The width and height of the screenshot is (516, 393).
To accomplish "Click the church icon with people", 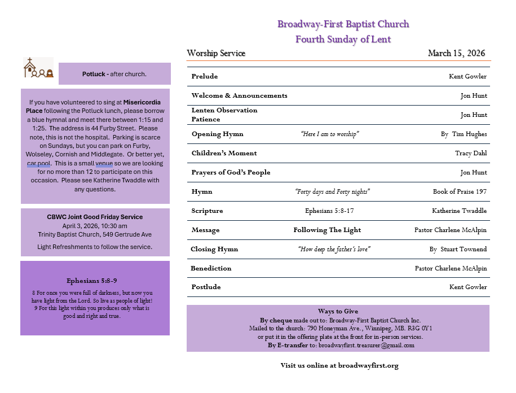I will pos(38,68).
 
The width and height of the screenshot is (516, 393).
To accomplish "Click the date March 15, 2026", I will pos(456,54).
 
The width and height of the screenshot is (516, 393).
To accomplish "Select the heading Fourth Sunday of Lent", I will pos(343,39).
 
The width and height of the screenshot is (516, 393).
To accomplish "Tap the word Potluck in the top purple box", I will pos(94,74).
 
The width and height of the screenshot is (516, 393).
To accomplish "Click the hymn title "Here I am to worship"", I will pos(330,134).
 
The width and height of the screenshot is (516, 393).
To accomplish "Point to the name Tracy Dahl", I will pos(470,153).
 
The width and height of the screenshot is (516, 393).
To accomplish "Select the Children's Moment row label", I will pos(224,153).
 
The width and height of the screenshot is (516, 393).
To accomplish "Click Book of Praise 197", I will pos(459,191).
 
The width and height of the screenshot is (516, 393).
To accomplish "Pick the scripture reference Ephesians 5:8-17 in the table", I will pos(329,211).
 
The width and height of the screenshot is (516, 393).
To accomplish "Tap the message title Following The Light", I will pos(327,230).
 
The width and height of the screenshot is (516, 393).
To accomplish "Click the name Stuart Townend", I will pos(465,249).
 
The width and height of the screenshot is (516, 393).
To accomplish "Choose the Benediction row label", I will pos(211,268).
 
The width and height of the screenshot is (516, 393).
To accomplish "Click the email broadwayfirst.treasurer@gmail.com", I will pos(366,345).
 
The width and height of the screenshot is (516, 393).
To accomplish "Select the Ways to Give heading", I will pos(338,311).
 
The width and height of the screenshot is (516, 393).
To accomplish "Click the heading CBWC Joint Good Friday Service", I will pos(95,217).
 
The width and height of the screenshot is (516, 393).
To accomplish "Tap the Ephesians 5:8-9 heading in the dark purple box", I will pos(92,281).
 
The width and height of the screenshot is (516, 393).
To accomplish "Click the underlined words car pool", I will pos(39,163).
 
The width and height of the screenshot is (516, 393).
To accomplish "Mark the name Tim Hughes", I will pos(469,134).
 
